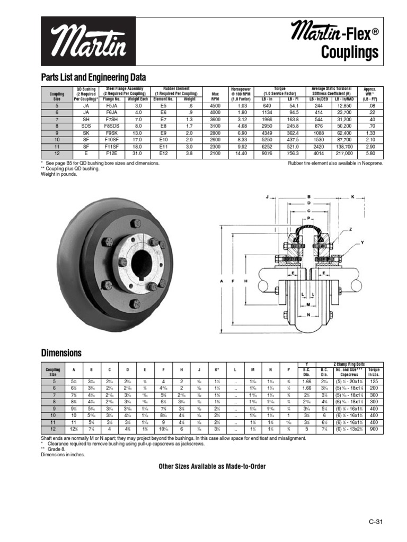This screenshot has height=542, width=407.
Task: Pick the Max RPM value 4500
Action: (x=215, y=106)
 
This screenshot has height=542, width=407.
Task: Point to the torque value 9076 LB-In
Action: (x=267, y=153)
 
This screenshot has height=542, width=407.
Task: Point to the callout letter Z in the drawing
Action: (x=350, y=230)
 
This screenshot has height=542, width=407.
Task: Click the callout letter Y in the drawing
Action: (x=362, y=242)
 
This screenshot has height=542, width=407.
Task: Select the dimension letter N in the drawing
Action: (x=309, y=314)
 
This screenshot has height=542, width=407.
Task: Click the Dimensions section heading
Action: (x=61, y=353)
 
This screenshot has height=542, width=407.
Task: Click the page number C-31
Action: (x=375, y=522)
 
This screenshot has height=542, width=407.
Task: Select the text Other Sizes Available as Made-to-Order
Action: (x=212, y=466)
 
